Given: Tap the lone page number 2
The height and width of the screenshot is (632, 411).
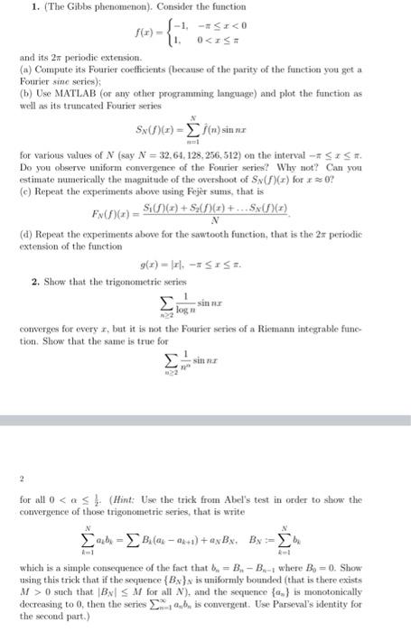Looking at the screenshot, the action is [22, 479].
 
